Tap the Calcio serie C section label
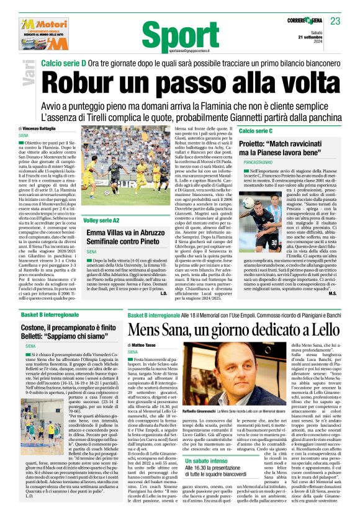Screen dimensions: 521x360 (256, 131)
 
